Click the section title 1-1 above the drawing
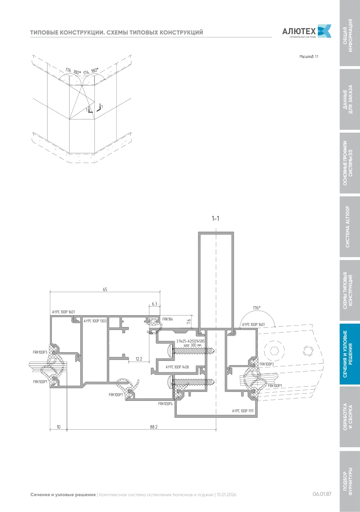[215, 218]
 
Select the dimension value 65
[105, 289]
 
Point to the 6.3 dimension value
[154, 304]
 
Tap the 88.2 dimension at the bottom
[154, 427]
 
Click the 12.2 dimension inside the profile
[139, 359]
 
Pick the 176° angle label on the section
[257, 308]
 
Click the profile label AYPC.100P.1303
[95, 321]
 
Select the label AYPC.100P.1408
[177, 367]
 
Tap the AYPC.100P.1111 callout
[243, 411]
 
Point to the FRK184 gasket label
[168, 319]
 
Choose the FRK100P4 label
[165, 404]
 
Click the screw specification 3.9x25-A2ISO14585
[190, 341]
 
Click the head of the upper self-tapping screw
[170, 350]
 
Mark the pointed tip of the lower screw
[214, 381]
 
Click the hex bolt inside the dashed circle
[274, 350]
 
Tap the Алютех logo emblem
[325, 31]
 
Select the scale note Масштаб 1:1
[309, 56]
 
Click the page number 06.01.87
[322, 494]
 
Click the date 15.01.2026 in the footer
[226, 495]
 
